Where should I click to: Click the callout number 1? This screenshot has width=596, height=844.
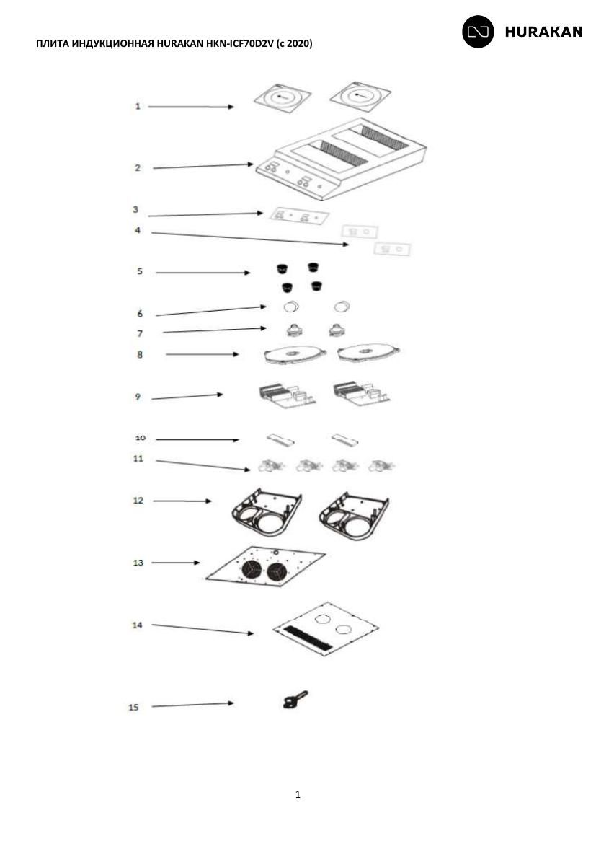tap(138, 107)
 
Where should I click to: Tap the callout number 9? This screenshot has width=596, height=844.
tap(138, 397)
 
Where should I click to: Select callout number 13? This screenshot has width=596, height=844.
tap(138, 563)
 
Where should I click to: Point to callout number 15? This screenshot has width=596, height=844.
tap(133, 707)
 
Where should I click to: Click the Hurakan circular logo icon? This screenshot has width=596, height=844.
tap(478, 32)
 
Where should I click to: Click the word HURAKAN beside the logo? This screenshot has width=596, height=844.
tap(543, 32)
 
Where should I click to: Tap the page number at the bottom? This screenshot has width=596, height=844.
tap(298, 794)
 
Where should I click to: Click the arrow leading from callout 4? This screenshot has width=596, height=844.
tap(250, 239)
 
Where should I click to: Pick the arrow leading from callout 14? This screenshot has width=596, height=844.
tap(203, 629)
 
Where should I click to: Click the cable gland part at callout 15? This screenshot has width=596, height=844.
tap(295, 700)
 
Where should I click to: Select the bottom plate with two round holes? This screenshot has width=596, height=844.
tap(326, 629)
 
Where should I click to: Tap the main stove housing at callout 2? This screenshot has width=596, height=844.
tap(341, 159)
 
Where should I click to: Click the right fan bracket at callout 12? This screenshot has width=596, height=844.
tap(353, 515)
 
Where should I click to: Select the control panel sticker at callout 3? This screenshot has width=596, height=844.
tap(298, 216)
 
